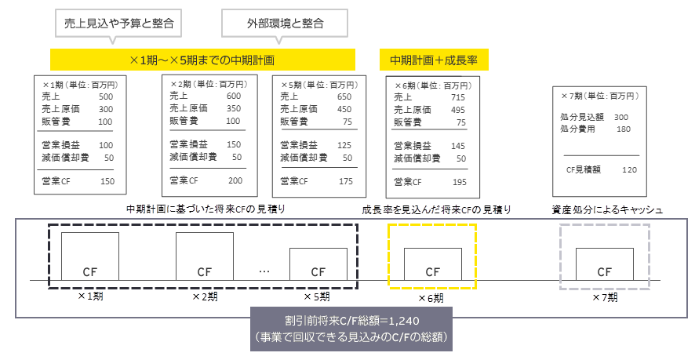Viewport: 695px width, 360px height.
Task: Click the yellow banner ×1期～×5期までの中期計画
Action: [x=202, y=59]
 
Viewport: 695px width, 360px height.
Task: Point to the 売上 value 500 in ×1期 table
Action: [x=106, y=96]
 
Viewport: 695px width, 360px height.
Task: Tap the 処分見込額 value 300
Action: [x=621, y=117]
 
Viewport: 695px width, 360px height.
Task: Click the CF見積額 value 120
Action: [x=629, y=169]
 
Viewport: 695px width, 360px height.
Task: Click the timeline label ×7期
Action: [x=604, y=297]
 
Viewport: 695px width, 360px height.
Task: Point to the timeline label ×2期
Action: [x=206, y=297]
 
